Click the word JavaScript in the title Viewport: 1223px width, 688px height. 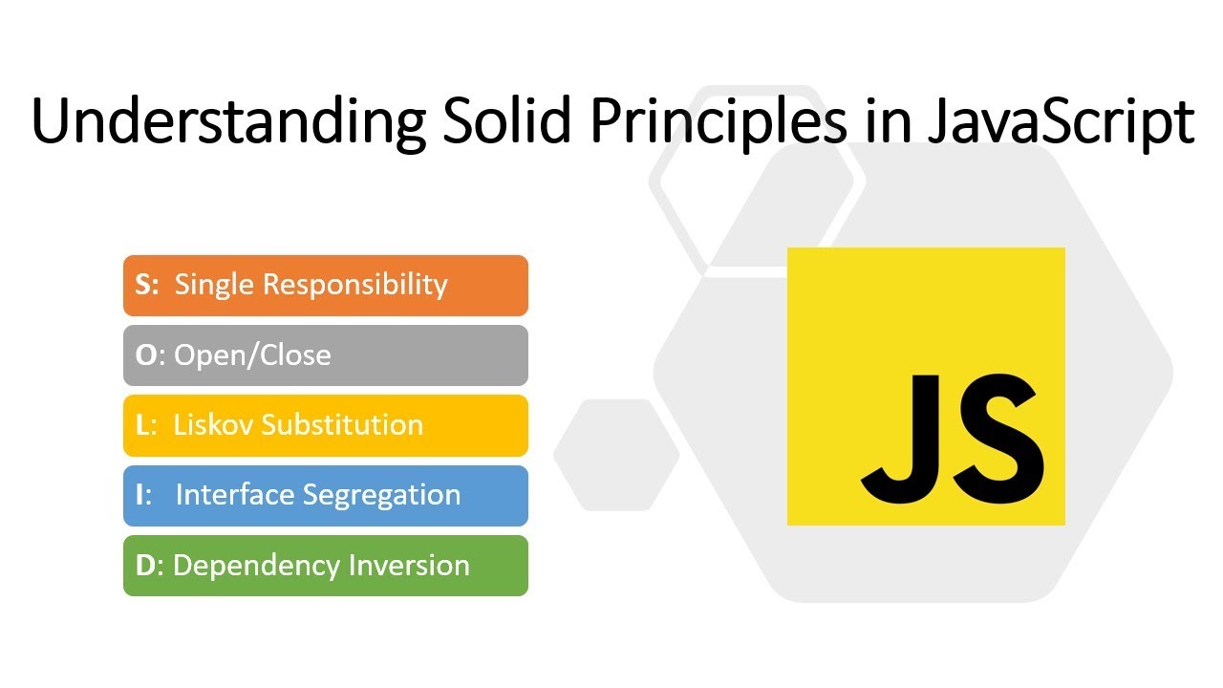click(1061, 122)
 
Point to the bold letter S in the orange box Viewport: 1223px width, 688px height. click(144, 285)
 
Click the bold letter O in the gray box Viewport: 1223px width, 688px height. click(146, 355)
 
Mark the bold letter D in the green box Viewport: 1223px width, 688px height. click(145, 565)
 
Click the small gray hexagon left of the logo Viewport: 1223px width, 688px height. click(616, 454)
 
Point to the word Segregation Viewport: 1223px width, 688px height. click(381, 495)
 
